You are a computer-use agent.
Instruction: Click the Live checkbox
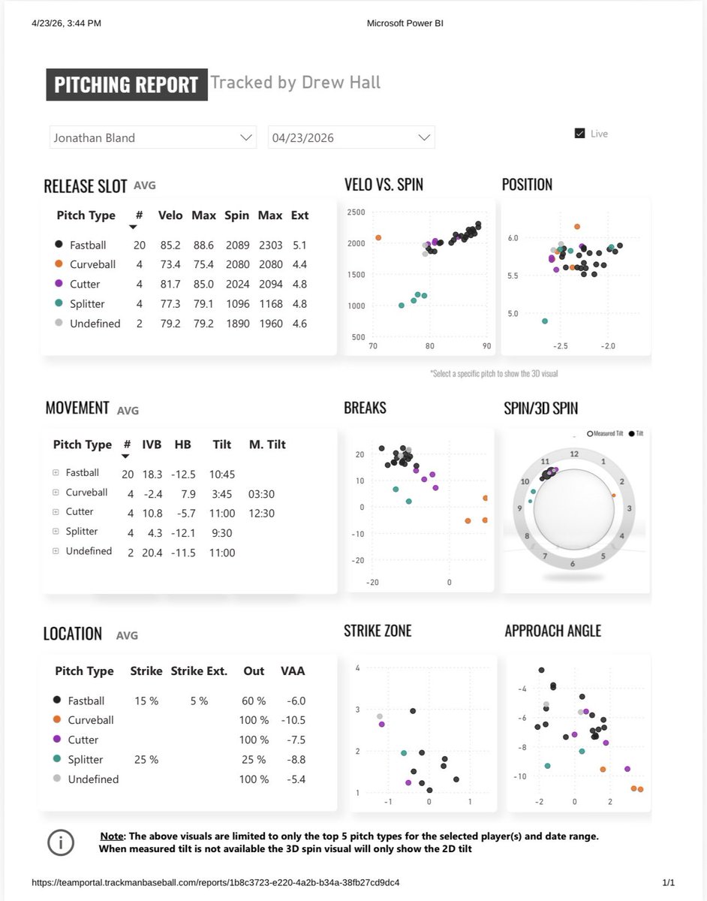click(579, 134)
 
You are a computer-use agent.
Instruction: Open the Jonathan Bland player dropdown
click(245, 138)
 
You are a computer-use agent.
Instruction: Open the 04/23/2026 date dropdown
click(425, 138)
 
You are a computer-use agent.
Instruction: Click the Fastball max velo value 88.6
click(203, 245)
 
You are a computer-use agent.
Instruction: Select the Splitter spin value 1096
click(236, 304)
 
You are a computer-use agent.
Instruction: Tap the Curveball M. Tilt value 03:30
click(261, 493)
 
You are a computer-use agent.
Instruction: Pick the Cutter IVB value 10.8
click(152, 512)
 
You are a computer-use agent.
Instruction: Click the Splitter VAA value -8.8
click(295, 759)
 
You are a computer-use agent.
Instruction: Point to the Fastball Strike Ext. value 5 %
click(198, 701)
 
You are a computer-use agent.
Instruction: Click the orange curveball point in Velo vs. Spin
click(378, 237)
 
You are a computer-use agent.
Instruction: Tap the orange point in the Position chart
click(576, 226)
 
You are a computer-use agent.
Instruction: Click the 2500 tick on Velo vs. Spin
click(356, 212)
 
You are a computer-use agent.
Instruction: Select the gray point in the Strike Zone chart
click(380, 716)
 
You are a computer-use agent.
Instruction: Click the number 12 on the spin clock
click(573, 454)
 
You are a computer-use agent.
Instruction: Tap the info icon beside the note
click(61, 842)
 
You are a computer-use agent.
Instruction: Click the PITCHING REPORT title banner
click(125, 85)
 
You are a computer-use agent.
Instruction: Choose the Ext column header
click(299, 215)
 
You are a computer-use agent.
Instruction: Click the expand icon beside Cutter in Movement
click(56, 512)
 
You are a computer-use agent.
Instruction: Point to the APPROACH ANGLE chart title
click(552, 631)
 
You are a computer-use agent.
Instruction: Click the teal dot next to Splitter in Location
click(59, 759)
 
